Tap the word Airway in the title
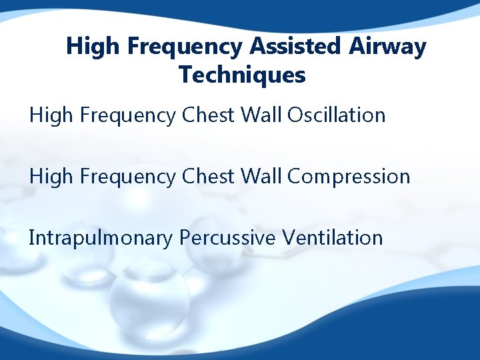(388, 47)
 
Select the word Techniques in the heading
(242, 75)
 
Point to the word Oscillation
(336, 115)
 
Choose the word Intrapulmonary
(101, 238)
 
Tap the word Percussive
(227, 238)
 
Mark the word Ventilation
(332, 238)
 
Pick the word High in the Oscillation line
(47, 115)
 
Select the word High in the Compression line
(47, 177)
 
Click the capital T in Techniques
(185, 75)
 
